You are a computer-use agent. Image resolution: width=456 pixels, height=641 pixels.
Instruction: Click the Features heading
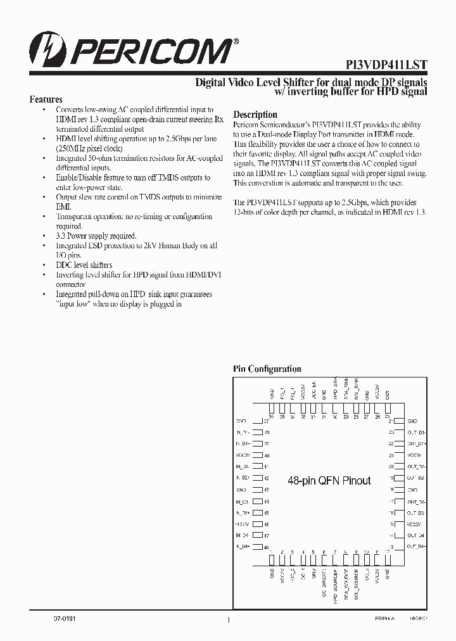click(x=46, y=99)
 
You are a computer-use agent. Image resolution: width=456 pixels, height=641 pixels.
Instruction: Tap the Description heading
click(x=255, y=115)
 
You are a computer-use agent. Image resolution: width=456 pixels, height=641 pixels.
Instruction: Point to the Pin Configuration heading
click(x=267, y=369)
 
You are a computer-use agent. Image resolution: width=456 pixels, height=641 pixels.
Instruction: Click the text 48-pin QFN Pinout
click(x=329, y=481)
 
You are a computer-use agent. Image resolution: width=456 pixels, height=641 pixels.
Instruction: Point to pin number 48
click(x=267, y=547)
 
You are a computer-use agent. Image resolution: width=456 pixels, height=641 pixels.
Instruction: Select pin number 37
click(x=267, y=421)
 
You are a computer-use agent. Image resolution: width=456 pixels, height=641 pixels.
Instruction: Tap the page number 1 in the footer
click(x=228, y=620)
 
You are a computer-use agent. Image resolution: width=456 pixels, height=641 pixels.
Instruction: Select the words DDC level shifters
click(x=84, y=265)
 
